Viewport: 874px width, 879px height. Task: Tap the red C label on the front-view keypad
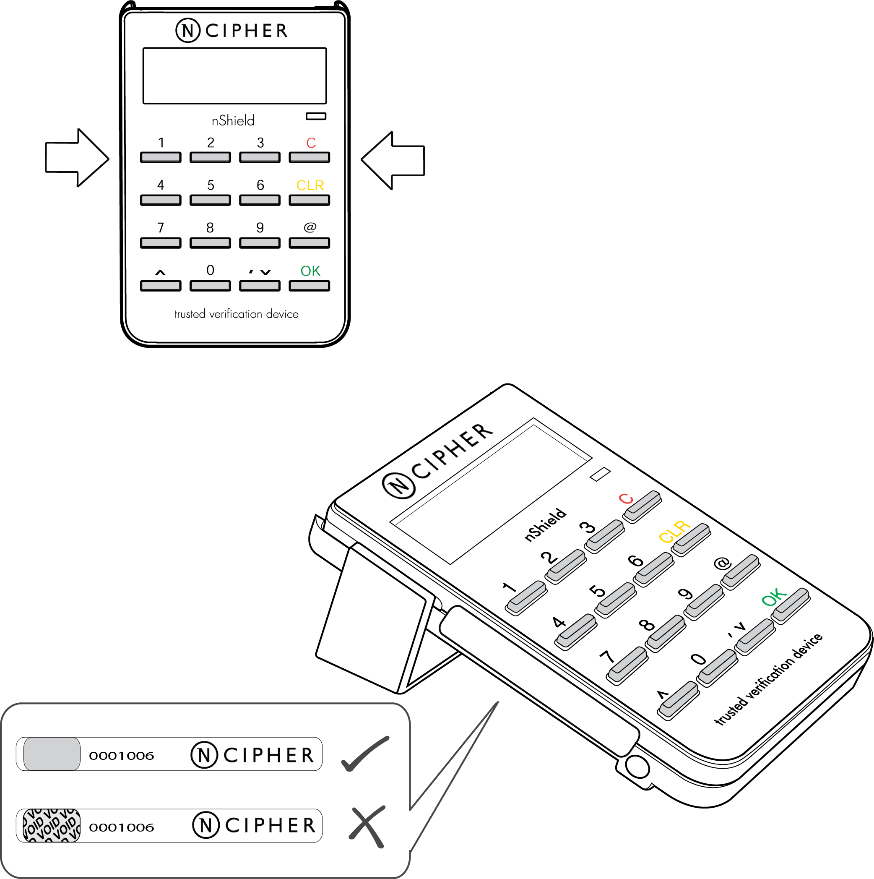311,143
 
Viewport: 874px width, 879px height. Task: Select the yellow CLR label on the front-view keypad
310,185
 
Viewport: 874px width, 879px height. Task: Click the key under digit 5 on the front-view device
210,200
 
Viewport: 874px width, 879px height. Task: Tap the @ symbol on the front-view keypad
310,227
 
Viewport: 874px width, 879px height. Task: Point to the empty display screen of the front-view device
234,76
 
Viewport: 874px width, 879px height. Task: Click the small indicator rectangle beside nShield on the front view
316,116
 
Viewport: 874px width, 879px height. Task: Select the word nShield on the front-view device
233,120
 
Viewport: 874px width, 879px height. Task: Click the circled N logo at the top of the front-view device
188,31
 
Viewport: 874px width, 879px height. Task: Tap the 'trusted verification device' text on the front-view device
237,314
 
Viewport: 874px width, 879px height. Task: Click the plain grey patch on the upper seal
52,754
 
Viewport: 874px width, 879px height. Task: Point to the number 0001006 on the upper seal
122,756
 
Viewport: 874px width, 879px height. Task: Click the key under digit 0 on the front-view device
210,286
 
